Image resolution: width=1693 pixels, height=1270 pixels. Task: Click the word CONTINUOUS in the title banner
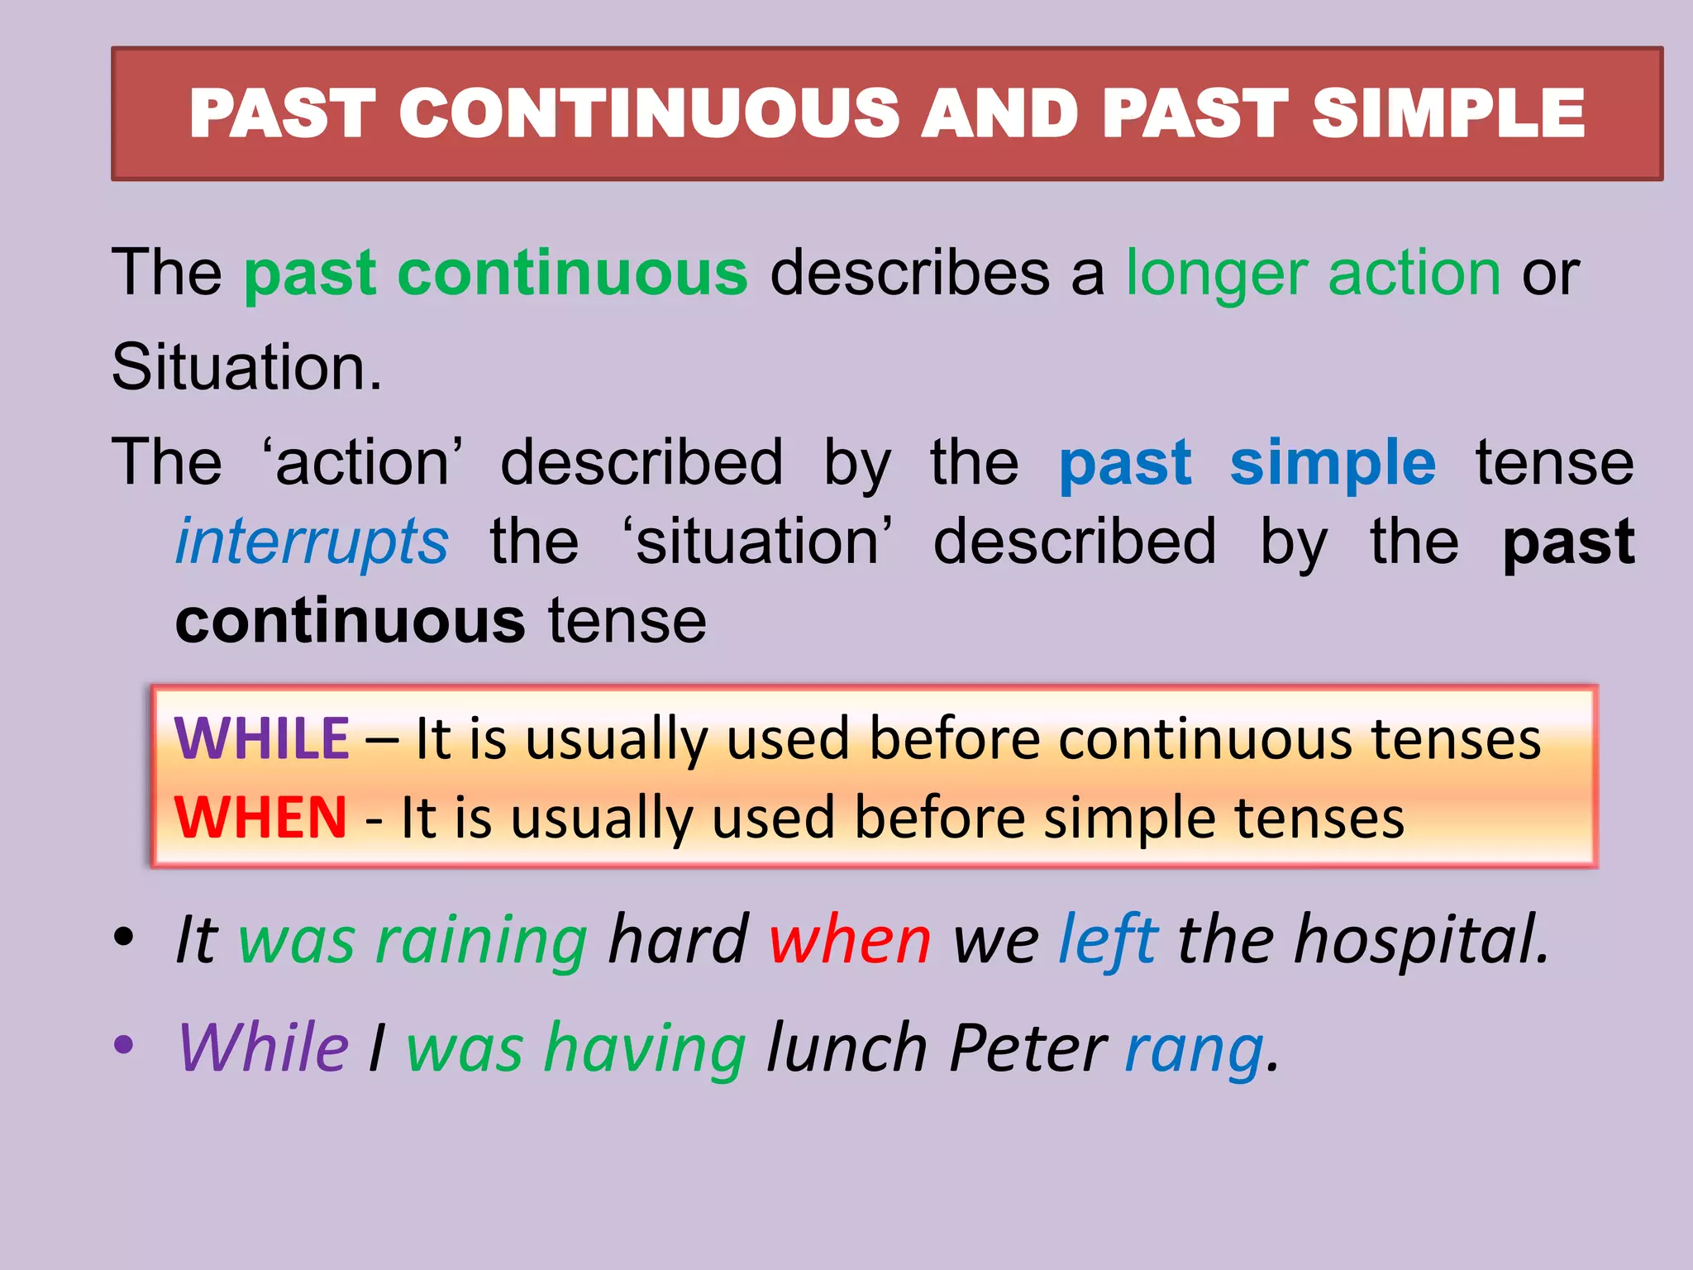click(x=650, y=113)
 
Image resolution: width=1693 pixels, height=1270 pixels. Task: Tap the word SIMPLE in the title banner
click(x=1448, y=113)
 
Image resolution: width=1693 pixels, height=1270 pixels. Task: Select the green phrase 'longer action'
click(x=1313, y=275)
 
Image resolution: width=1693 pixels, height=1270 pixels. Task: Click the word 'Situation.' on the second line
click(x=246, y=368)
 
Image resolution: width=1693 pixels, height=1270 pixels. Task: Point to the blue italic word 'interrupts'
click(x=312, y=542)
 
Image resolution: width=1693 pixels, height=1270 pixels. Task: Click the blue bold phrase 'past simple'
click(x=1247, y=463)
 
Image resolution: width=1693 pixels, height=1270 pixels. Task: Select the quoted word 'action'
click(x=362, y=463)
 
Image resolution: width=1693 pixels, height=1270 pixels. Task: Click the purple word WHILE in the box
click(x=261, y=738)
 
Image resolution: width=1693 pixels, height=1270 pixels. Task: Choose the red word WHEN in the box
click(x=260, y=818)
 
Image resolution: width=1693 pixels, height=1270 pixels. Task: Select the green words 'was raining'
click(x=413, y=941)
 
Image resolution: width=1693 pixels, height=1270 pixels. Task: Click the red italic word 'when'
click(x=850, y=941)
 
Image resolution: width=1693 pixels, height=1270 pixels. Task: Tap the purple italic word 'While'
click(x=263, y=1048)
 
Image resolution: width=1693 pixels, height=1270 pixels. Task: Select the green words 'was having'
click(x=576, y=1048)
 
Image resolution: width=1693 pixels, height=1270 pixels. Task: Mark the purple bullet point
click(x=124, y=1044)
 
